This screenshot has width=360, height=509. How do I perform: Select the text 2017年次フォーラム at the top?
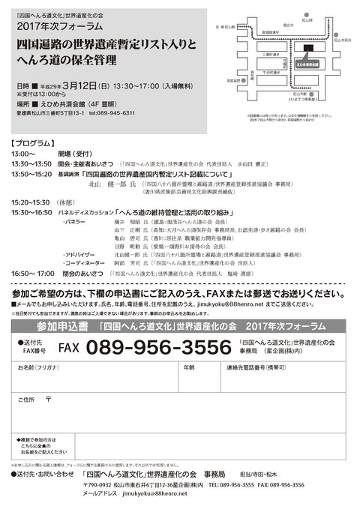[x=52, y=25]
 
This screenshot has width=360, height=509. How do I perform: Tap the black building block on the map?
[x=309, y=49]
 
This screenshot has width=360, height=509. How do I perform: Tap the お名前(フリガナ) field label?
[x=37, y=368]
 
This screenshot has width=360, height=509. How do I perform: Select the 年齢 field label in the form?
[x=189, y=368]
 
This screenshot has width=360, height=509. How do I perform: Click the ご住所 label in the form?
[x=27, y=400]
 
